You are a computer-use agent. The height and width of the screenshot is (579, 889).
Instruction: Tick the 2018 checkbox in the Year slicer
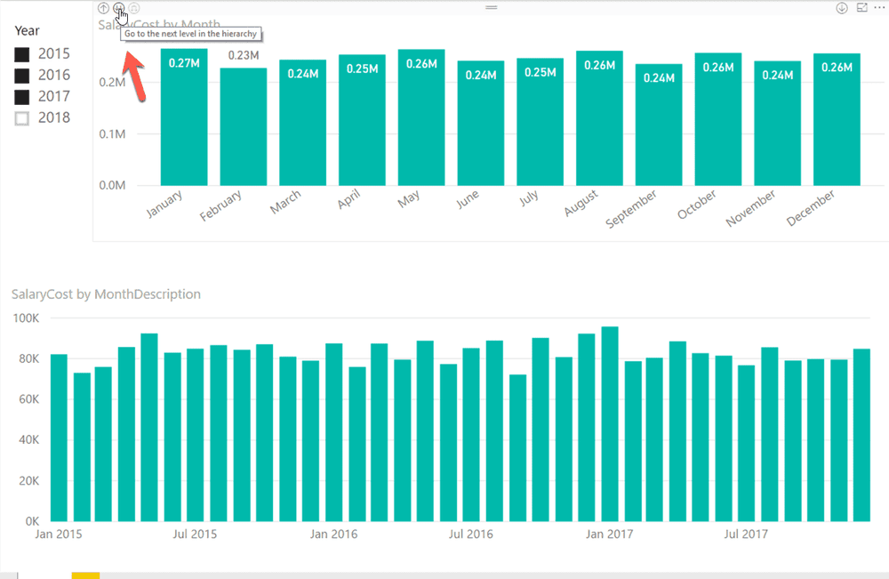(22, 118)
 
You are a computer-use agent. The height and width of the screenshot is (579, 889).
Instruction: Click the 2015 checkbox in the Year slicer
(22, 54)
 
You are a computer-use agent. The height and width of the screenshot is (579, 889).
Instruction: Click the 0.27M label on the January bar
(184, 63)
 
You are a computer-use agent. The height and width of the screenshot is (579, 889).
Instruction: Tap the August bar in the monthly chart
(599, 125)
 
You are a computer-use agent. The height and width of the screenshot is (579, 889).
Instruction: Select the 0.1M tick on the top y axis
(111, 134)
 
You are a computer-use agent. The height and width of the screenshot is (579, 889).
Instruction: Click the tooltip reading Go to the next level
(191, 34)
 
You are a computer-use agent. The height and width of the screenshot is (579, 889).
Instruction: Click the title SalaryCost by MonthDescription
(106, 294)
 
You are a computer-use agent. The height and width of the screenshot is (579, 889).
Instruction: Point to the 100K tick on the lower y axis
(24, 318)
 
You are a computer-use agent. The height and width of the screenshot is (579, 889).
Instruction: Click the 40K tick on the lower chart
(28, 439)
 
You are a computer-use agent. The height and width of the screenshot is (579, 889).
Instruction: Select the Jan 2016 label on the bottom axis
(333, 535)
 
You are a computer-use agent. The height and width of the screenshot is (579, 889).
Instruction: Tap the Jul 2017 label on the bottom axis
(745, 535)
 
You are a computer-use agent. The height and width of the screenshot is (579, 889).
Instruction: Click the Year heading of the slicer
(27, 30)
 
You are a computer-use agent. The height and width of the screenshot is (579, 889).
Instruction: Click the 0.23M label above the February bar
(244, 55)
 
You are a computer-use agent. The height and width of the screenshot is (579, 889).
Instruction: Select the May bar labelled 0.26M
(421, 125)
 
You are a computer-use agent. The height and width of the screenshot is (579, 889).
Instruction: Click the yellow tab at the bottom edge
(85, 575)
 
